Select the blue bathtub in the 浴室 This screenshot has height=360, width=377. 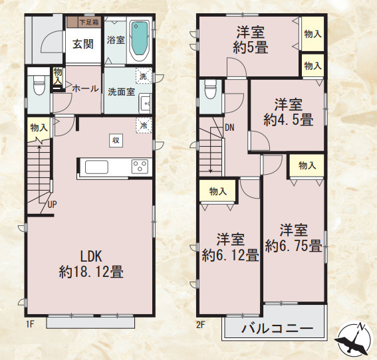[140, 40]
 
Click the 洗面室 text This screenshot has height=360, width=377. [122, 92]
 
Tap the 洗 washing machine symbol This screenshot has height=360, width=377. [144, 76]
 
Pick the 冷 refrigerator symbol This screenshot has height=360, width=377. [143, 125]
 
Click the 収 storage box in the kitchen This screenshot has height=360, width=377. [116, 139]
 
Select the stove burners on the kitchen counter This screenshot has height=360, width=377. [140, 167]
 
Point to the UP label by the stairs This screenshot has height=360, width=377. [51, 205]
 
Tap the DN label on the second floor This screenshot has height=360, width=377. [229, 127]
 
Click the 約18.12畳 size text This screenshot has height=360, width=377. [90, 271]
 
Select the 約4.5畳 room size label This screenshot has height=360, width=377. [288, 120]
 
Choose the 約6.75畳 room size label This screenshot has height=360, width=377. [293, 246]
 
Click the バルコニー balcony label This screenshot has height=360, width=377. [277, 328]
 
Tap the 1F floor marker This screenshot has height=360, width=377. [30, 323]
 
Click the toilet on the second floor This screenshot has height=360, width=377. [211, 89]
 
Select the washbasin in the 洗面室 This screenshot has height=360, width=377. [145, 104]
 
